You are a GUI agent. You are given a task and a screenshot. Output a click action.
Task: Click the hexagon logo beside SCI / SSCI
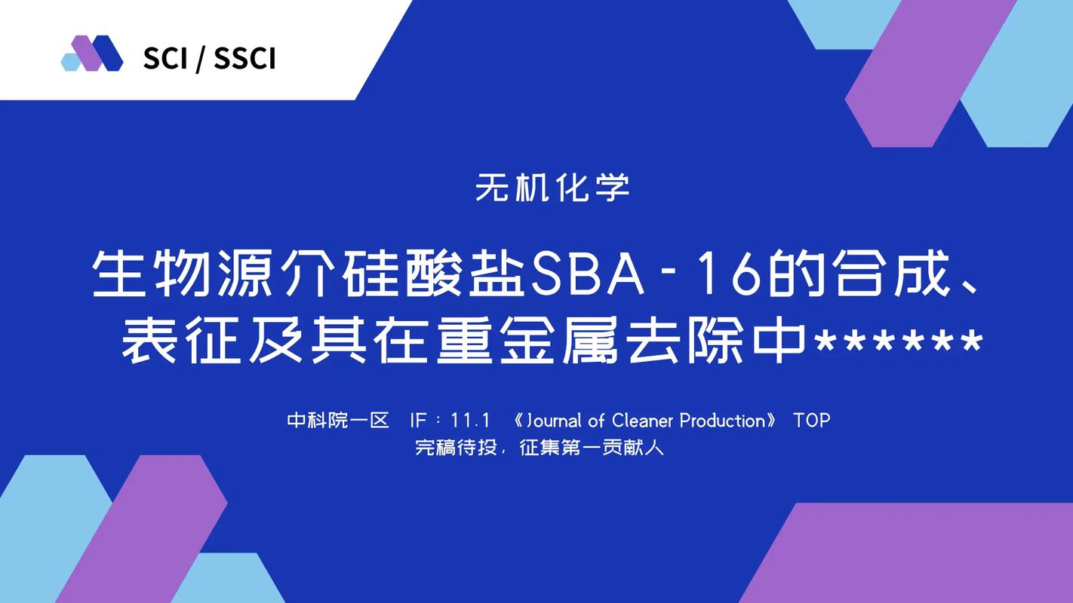point(92,53)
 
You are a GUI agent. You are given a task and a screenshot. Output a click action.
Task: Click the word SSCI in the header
point(244,60)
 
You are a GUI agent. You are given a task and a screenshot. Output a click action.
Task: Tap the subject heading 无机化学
point(552,187)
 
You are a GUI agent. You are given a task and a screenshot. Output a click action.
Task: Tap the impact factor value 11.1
point(470,421)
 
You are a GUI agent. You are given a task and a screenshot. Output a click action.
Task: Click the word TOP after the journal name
point(811,421)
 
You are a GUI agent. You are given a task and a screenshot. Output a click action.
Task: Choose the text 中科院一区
point(338,421)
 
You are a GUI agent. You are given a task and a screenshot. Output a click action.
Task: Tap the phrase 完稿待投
point(456,448)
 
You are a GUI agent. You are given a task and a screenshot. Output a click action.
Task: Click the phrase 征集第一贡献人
point(592,448)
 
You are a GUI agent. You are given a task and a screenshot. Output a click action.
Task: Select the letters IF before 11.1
point(418,421)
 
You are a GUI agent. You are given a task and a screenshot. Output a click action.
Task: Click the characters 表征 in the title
point(181,341)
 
